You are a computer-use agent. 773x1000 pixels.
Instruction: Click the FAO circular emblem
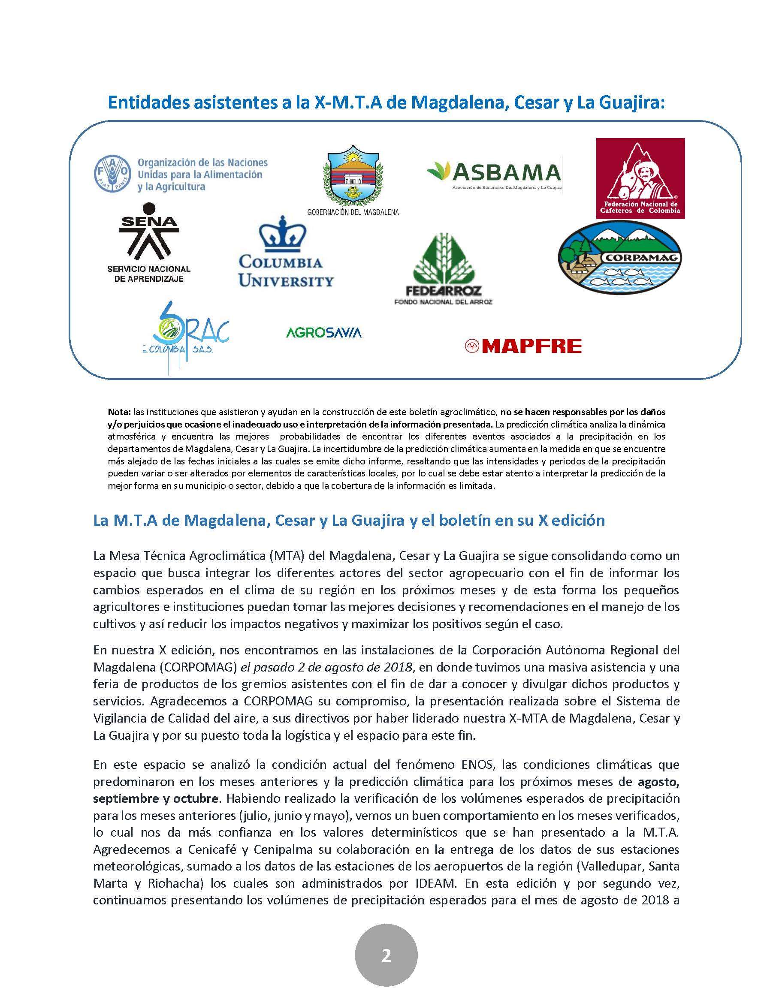point(111,175)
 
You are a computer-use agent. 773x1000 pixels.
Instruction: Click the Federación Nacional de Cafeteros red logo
point(640,178)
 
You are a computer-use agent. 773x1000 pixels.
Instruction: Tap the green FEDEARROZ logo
point(443,265)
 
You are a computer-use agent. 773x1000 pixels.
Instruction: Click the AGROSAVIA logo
point(323,332)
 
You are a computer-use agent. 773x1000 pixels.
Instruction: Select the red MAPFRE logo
point(523,346)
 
